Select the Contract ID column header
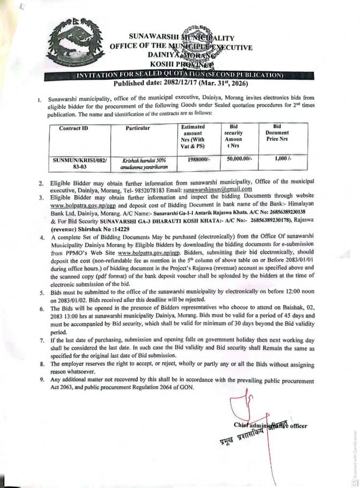point(73,129)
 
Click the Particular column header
point(137,129)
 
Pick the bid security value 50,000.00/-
point(237,160)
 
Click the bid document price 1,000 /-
point(282,160)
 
